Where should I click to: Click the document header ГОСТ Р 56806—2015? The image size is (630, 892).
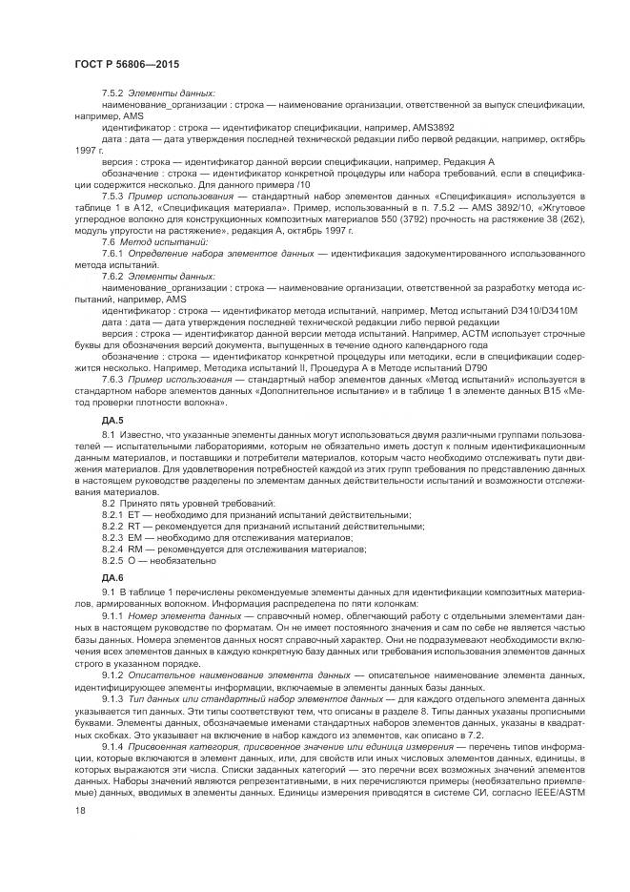point(126,64)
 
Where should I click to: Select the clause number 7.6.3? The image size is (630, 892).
point(113,379)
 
